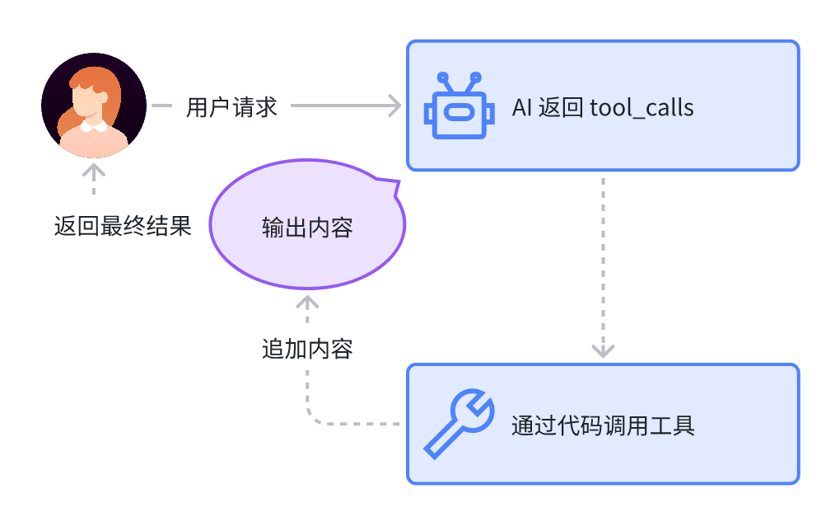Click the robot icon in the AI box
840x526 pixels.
pos(459,107)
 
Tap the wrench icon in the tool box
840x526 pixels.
pos(459,424)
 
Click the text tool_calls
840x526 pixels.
pos(642,107)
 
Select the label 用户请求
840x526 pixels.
pos(231,107)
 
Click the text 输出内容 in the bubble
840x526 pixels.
pos(307,227)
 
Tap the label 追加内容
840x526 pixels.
pos(307,349)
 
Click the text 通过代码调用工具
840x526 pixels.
pos(603,425)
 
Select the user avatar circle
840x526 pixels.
pos(94,106)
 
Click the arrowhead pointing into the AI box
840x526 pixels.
pos(395,106)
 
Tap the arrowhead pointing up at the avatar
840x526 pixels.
pos(94,171)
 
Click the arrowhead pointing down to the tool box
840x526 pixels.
pos(604,350)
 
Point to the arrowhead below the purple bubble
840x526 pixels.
pos(307,302)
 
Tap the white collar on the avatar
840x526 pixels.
pos(94,127)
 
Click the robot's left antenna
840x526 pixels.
pos(444,80)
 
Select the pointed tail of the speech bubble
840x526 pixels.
pos(393,185)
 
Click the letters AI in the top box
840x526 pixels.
pos(522,107)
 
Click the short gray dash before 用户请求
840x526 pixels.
pos(161,106)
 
